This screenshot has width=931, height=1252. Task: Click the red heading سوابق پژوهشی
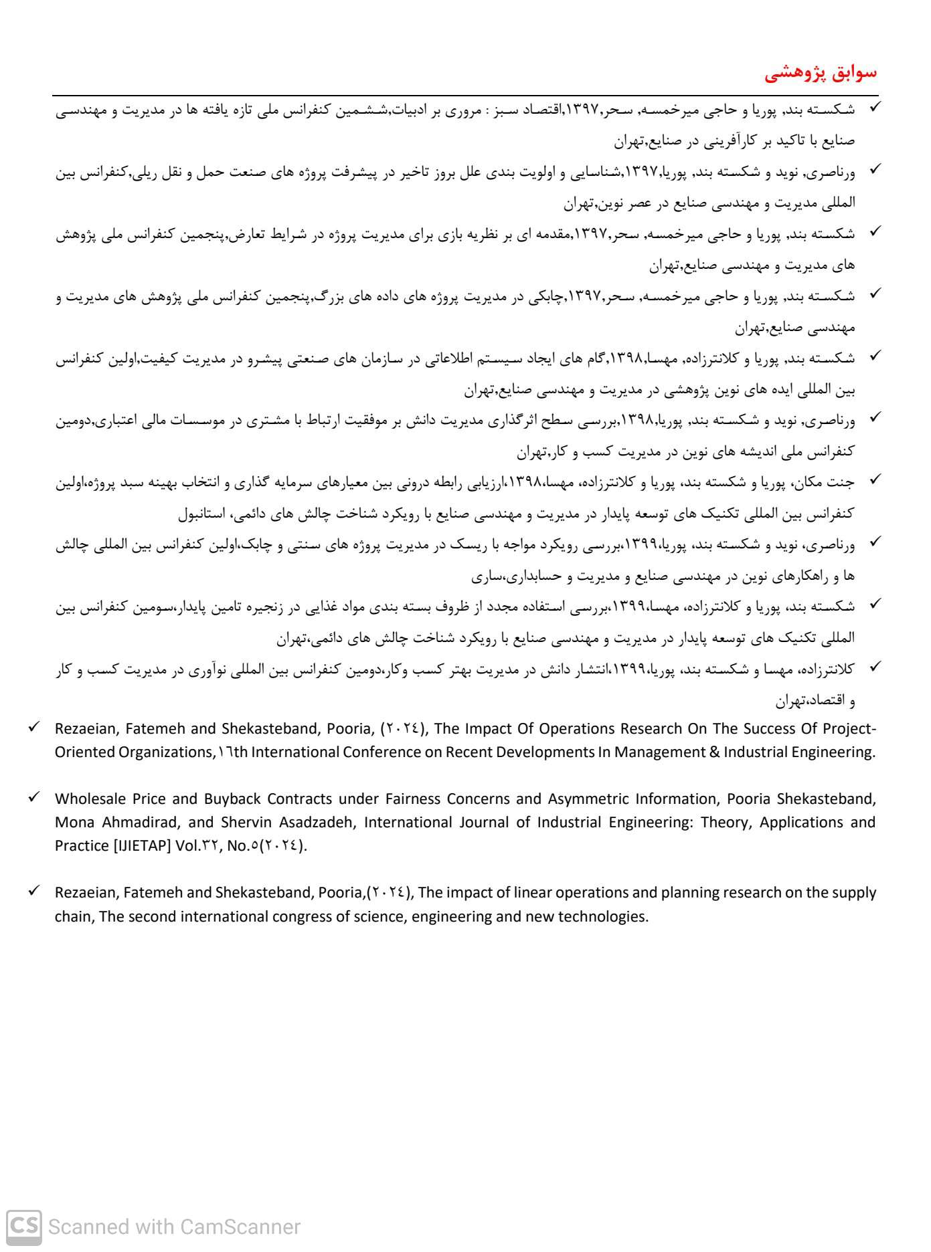[x=821, y=73]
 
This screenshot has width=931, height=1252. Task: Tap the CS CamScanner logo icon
[x=24, y=1227]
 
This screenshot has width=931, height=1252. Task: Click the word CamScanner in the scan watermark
[x=240, y=1227]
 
